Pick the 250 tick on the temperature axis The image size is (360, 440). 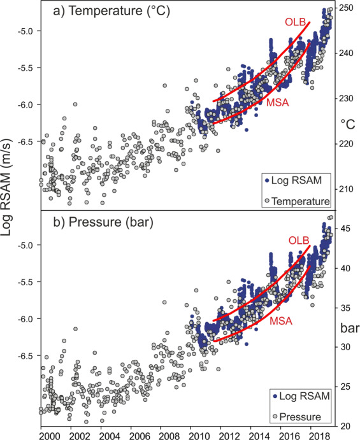click(347, 8)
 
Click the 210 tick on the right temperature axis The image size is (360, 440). click(347, 189)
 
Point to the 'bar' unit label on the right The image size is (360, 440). click(348, 328)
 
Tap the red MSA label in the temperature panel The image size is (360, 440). click(275, 102)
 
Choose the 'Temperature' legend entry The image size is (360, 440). click(299, 201)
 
